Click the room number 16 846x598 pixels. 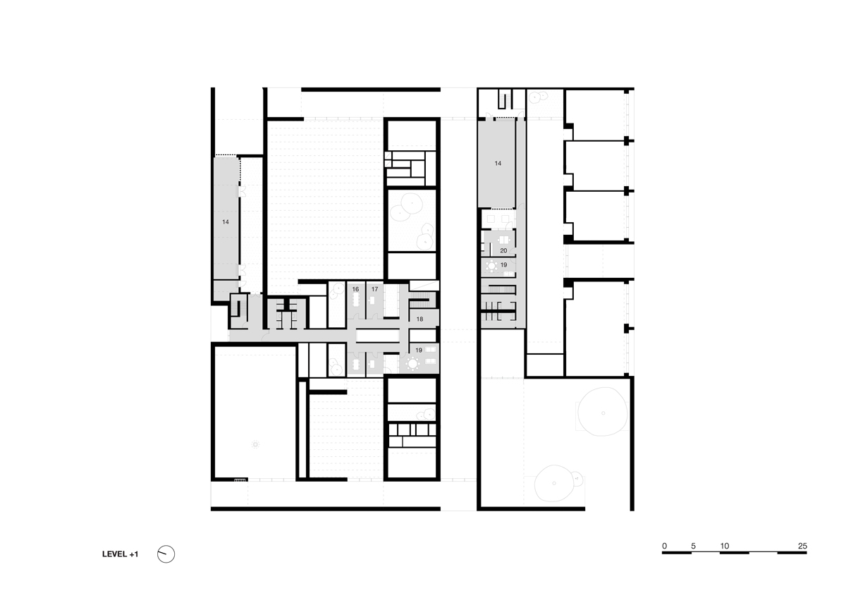click(x=355, y=289)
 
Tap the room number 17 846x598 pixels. click(x=374, y=289)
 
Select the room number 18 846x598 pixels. click(x=419, y=319)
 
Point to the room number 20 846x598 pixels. click(x=503, y=251)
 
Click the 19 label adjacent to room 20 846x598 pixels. click(x=503, y=265)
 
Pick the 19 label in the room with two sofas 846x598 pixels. click(x=419, y=350)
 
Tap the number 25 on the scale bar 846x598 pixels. click(x=802, y=546)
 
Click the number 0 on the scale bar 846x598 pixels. click(x=665, y=546)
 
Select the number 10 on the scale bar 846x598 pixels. click(x=725, y=546)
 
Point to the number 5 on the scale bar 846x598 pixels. click(x=694, y=546)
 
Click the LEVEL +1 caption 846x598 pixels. click(x=120, y=554)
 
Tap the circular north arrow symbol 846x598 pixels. click(x=166, y=554)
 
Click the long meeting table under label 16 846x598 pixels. click(x=356, y=300)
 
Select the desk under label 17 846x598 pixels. click(x=372, y=300)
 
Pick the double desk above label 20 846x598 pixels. click(x=504, y=240)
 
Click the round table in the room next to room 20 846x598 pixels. click(x=492, y=267)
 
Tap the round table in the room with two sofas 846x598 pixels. click(x=412, y=364)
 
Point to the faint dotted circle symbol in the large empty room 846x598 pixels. click(x=255, y=445)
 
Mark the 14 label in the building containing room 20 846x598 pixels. click(x=498, y=164)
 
